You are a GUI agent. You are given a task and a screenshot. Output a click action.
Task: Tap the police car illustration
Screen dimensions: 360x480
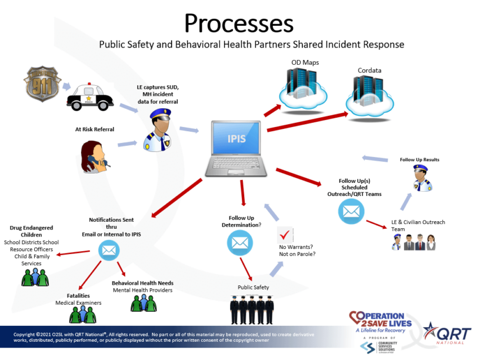coord(90,98)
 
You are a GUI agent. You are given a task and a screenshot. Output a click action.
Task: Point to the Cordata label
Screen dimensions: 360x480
coord(369,71)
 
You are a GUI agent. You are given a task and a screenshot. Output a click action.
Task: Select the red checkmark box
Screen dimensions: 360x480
coord(285,234)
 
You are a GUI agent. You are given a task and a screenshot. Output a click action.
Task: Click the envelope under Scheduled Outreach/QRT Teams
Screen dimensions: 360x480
coord(351,211)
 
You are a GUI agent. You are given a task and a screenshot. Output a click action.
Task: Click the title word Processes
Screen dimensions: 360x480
coord(239,24)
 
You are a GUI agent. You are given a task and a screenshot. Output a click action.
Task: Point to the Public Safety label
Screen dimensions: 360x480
coord(254,287)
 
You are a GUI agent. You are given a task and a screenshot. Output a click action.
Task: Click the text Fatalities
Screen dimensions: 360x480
coord(78,295)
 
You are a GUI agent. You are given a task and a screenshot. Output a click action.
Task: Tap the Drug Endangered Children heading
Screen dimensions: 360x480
coord(31,231)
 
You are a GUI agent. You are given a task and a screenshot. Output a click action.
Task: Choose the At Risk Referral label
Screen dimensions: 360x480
coord(94,129)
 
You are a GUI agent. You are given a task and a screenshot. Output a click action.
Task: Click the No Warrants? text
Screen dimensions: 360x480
coord(296,246)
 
